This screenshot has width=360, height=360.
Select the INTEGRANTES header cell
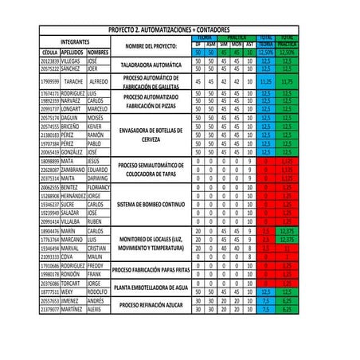(x=74, y=41)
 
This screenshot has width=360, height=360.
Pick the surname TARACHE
(x=73, y=81)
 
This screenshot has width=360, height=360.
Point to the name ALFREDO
(x=99, y=81)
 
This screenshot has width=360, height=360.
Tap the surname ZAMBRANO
(x=73, y=169)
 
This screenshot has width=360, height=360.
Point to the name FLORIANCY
(x=99, y=186)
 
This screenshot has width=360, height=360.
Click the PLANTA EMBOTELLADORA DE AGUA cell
(x=151, y=288)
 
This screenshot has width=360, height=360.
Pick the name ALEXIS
(x=96, y=309)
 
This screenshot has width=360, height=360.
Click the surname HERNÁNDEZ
(x=73, y=195)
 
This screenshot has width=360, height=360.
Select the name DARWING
(x=98, y=178)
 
